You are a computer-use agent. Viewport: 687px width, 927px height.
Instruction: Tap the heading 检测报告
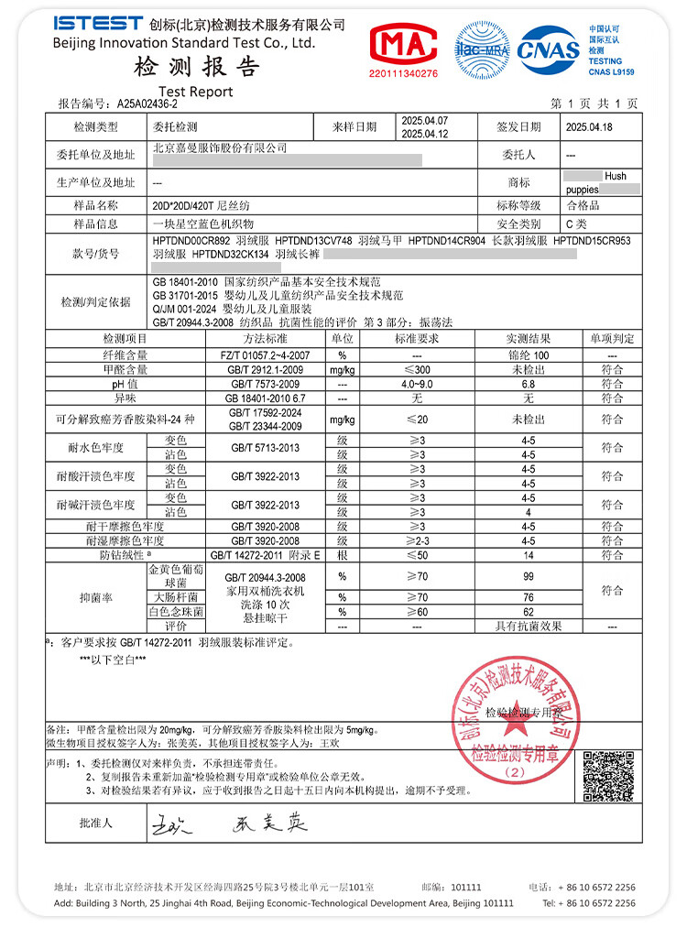point(197,66)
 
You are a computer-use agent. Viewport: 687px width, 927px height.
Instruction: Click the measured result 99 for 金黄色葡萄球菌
point(529,577)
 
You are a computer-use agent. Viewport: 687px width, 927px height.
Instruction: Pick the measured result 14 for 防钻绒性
point(529,555)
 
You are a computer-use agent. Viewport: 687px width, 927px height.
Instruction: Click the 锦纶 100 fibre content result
point(529,354)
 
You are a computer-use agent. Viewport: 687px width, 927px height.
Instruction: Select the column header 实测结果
point(528,339)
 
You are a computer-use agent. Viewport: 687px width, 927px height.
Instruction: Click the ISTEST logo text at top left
point(98,23)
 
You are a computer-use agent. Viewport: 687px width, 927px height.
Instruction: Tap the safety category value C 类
point(577,224)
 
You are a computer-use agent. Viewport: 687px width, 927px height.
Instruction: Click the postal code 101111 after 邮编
point(466,888)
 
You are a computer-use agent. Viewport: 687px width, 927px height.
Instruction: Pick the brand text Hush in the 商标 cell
point(616,175)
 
